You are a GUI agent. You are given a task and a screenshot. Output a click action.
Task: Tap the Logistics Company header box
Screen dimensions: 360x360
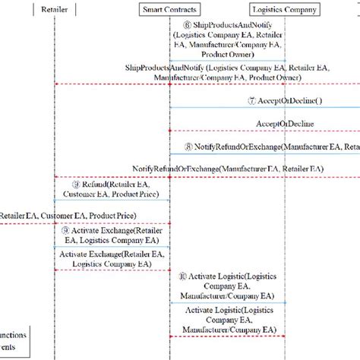click(285, 10)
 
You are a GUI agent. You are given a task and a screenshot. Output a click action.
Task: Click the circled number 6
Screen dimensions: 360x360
click(177, 26)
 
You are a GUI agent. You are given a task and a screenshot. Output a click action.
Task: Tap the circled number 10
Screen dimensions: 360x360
click(183, 278)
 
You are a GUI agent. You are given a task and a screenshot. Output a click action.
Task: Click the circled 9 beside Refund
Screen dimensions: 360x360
click(76, 184)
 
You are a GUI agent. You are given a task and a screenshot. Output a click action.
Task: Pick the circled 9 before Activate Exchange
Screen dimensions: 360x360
click(67, 229)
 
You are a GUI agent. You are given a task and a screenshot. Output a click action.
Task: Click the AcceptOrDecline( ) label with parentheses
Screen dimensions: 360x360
click(290, 100)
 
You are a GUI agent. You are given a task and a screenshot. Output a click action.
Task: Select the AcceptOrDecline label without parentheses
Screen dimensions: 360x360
click(286, 123)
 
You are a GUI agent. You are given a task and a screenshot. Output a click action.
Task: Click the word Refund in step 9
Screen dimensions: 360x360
click(94, 184)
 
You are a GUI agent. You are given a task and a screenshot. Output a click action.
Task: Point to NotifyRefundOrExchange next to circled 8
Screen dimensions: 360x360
click(237, 146)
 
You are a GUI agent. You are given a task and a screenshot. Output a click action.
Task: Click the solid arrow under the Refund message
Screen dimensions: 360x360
click(112, 201)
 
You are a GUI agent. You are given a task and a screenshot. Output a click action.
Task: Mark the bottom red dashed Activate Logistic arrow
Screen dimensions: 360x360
click(227, 336)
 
